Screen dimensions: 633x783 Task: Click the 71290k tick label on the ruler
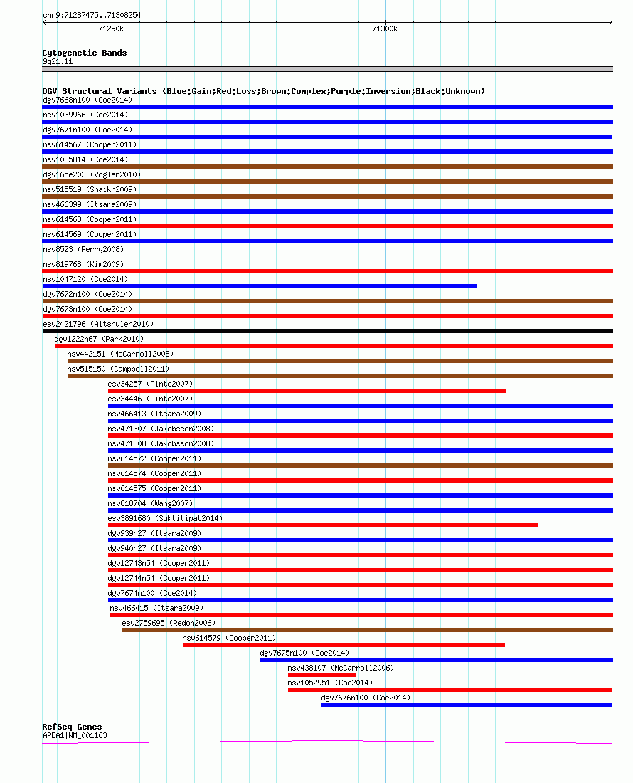tap(111, 29)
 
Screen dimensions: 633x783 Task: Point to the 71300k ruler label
tap(385, 29)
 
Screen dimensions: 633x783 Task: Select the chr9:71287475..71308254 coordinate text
tap(92, 15)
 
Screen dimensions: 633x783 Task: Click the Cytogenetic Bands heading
tap(85, 53)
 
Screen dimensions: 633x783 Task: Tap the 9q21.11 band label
tap(58, 61)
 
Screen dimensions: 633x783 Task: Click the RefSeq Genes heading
tap(72, 727)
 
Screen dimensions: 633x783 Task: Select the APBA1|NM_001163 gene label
tap(75, 735)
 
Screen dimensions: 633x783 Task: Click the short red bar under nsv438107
tap(321, 675)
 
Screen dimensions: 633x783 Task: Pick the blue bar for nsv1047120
tap(260, 286)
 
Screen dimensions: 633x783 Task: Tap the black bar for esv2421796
tap(328, 331)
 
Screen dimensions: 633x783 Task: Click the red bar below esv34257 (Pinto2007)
tap(307, 391)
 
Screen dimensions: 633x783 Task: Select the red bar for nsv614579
tap(344, 645)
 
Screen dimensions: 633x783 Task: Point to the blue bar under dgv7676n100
tap(467, 705)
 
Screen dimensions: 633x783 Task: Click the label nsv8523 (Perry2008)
tap(83, 249)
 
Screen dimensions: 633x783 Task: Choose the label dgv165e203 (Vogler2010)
tap(92, 174)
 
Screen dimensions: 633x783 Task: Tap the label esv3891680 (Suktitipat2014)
tap(165, 518)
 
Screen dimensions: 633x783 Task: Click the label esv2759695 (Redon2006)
tap(169, 623)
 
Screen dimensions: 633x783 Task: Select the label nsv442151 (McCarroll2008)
tap(120, 354)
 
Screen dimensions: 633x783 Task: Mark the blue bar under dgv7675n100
tap(437, 660)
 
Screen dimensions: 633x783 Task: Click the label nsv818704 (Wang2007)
tap(150, 503)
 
